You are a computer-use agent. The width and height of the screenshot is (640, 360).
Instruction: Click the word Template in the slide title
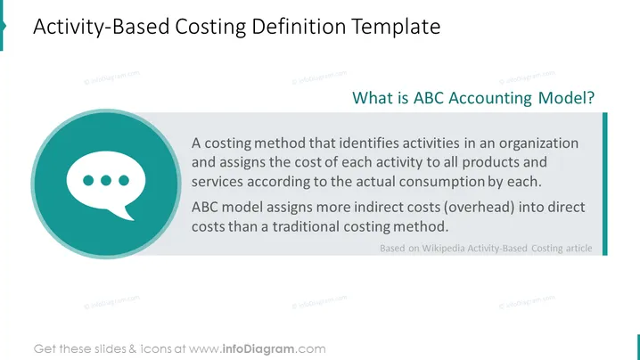[396, 27]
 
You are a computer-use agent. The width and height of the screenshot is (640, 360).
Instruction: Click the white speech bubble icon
[106, 184]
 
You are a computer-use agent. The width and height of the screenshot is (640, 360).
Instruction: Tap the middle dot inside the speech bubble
[106, 180]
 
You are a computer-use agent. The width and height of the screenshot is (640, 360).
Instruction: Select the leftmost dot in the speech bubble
[88, 180]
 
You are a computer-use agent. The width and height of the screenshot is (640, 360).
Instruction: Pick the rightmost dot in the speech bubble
[124, 180]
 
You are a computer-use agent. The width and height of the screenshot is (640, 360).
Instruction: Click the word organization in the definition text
[538, 143]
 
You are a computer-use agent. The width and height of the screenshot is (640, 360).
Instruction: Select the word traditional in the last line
[306, 226]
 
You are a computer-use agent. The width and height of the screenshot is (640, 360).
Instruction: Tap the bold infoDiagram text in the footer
[258, 349]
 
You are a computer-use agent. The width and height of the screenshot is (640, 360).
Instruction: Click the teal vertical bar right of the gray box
[605, 184]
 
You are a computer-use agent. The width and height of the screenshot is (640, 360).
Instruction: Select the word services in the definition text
[217, 182]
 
